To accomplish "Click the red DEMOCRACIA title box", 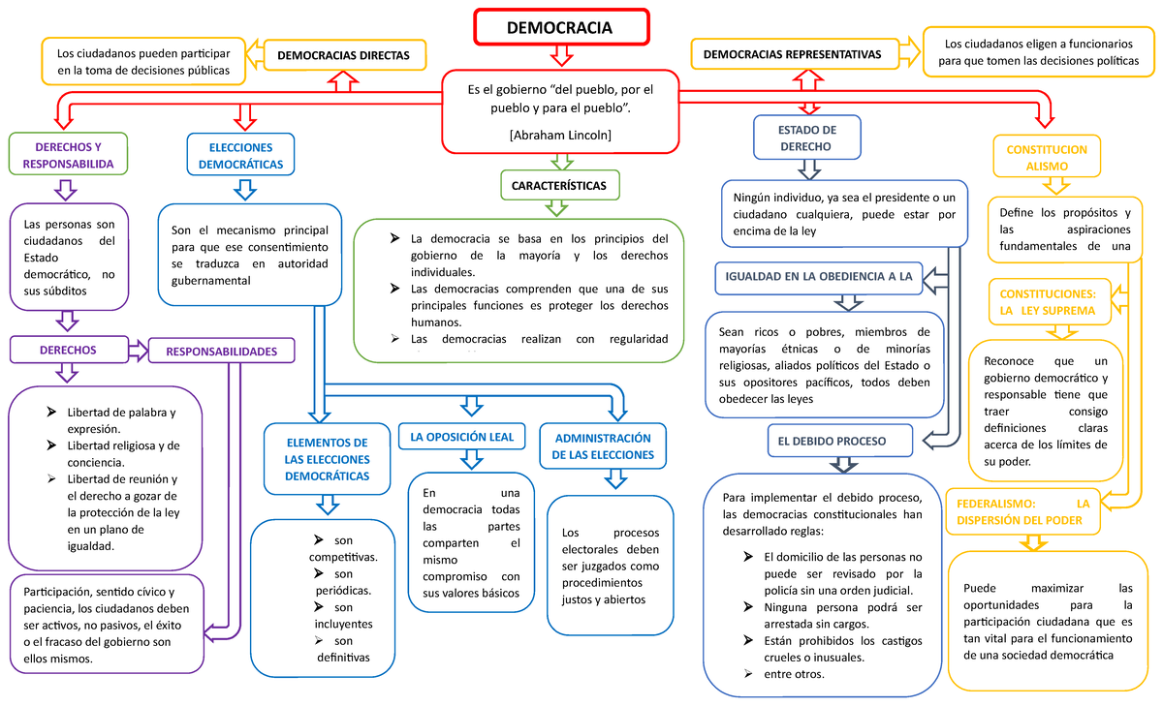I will coord(559,27).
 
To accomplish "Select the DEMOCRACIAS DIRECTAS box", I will coord(343,56).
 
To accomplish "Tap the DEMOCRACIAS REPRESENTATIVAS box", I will coord(793,55).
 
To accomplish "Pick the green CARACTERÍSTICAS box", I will coord(559,185).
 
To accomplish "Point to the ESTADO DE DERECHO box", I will coord(806,138).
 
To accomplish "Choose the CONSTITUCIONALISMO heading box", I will coord(1048,158).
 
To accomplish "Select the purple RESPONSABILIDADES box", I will coord(221,352).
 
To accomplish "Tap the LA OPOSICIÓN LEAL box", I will coord(461,437).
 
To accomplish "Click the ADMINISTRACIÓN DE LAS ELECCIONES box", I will coord(603,446).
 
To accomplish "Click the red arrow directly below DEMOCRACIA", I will coord(560,56).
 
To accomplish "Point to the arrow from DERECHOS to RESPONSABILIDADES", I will coord(138,350).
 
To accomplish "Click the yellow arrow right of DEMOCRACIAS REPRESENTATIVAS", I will coord(909,54).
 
